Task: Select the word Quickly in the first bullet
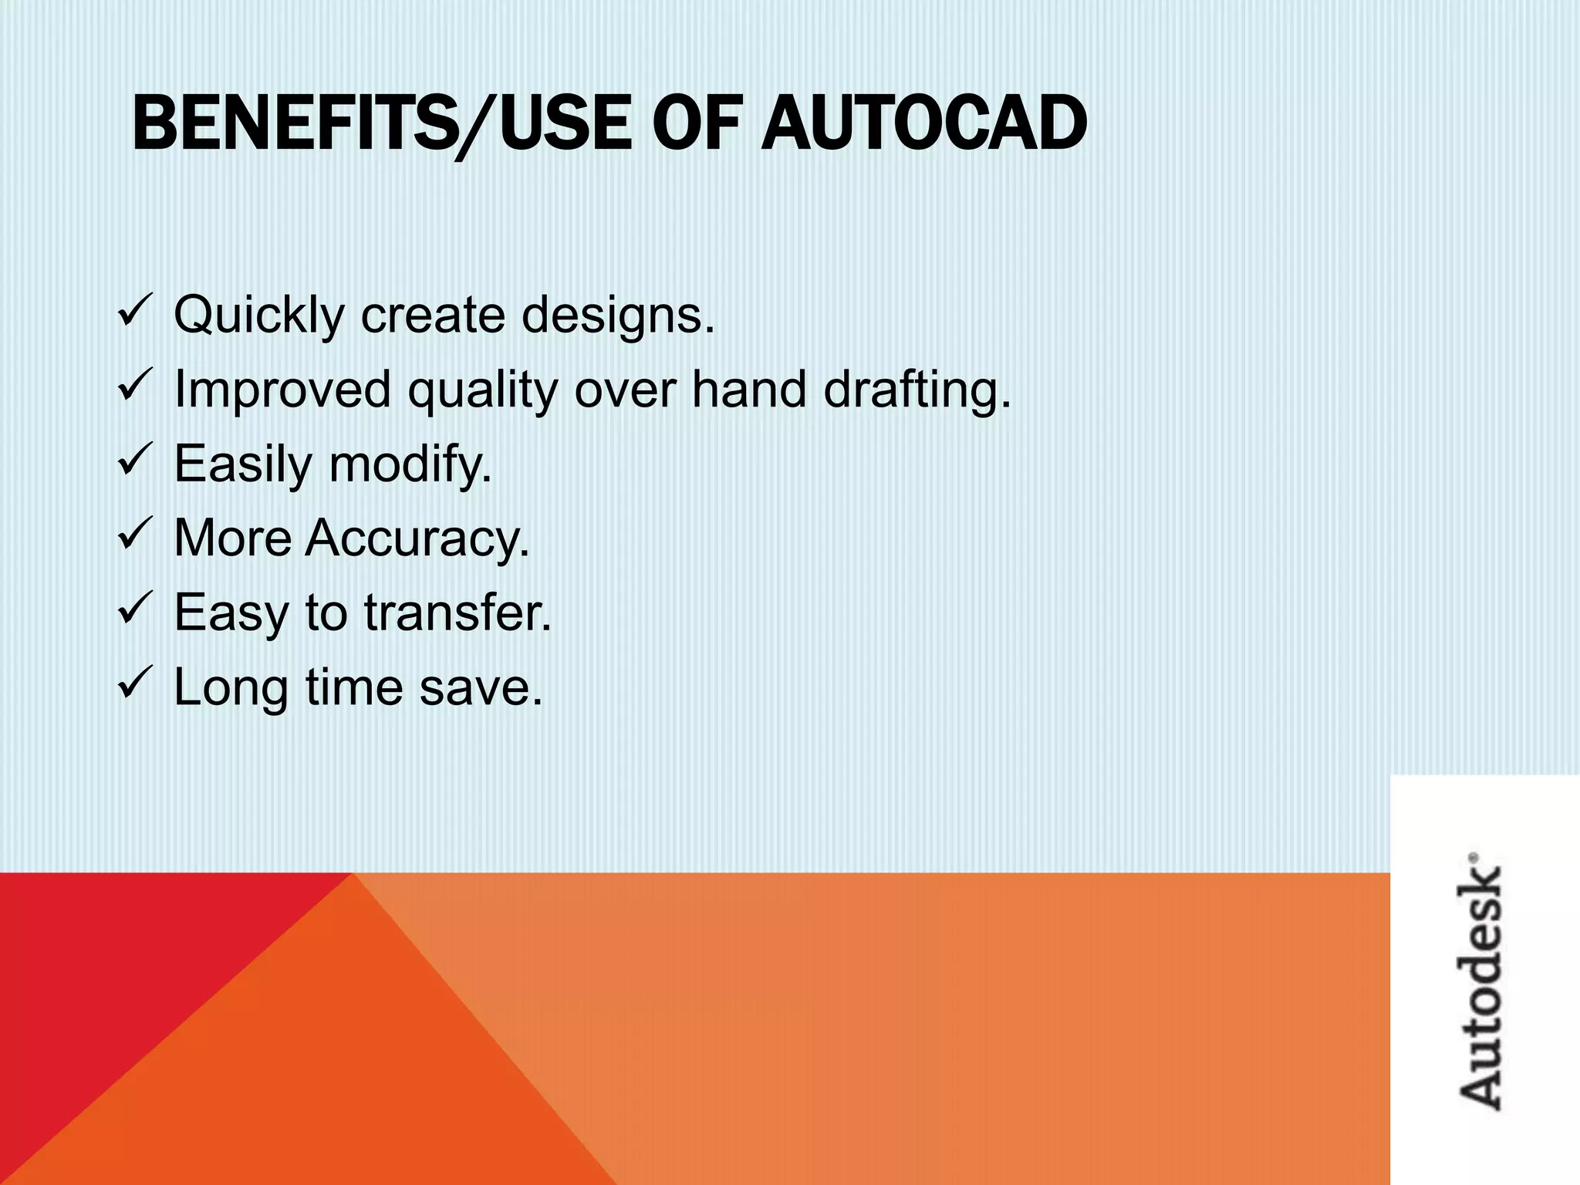click(x=258, y=316)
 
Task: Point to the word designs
click(x=618, y=316)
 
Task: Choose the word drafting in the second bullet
click(x=917, y=390)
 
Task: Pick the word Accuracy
click(x=417, y=538)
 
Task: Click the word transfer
click(x=457, y=613)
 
